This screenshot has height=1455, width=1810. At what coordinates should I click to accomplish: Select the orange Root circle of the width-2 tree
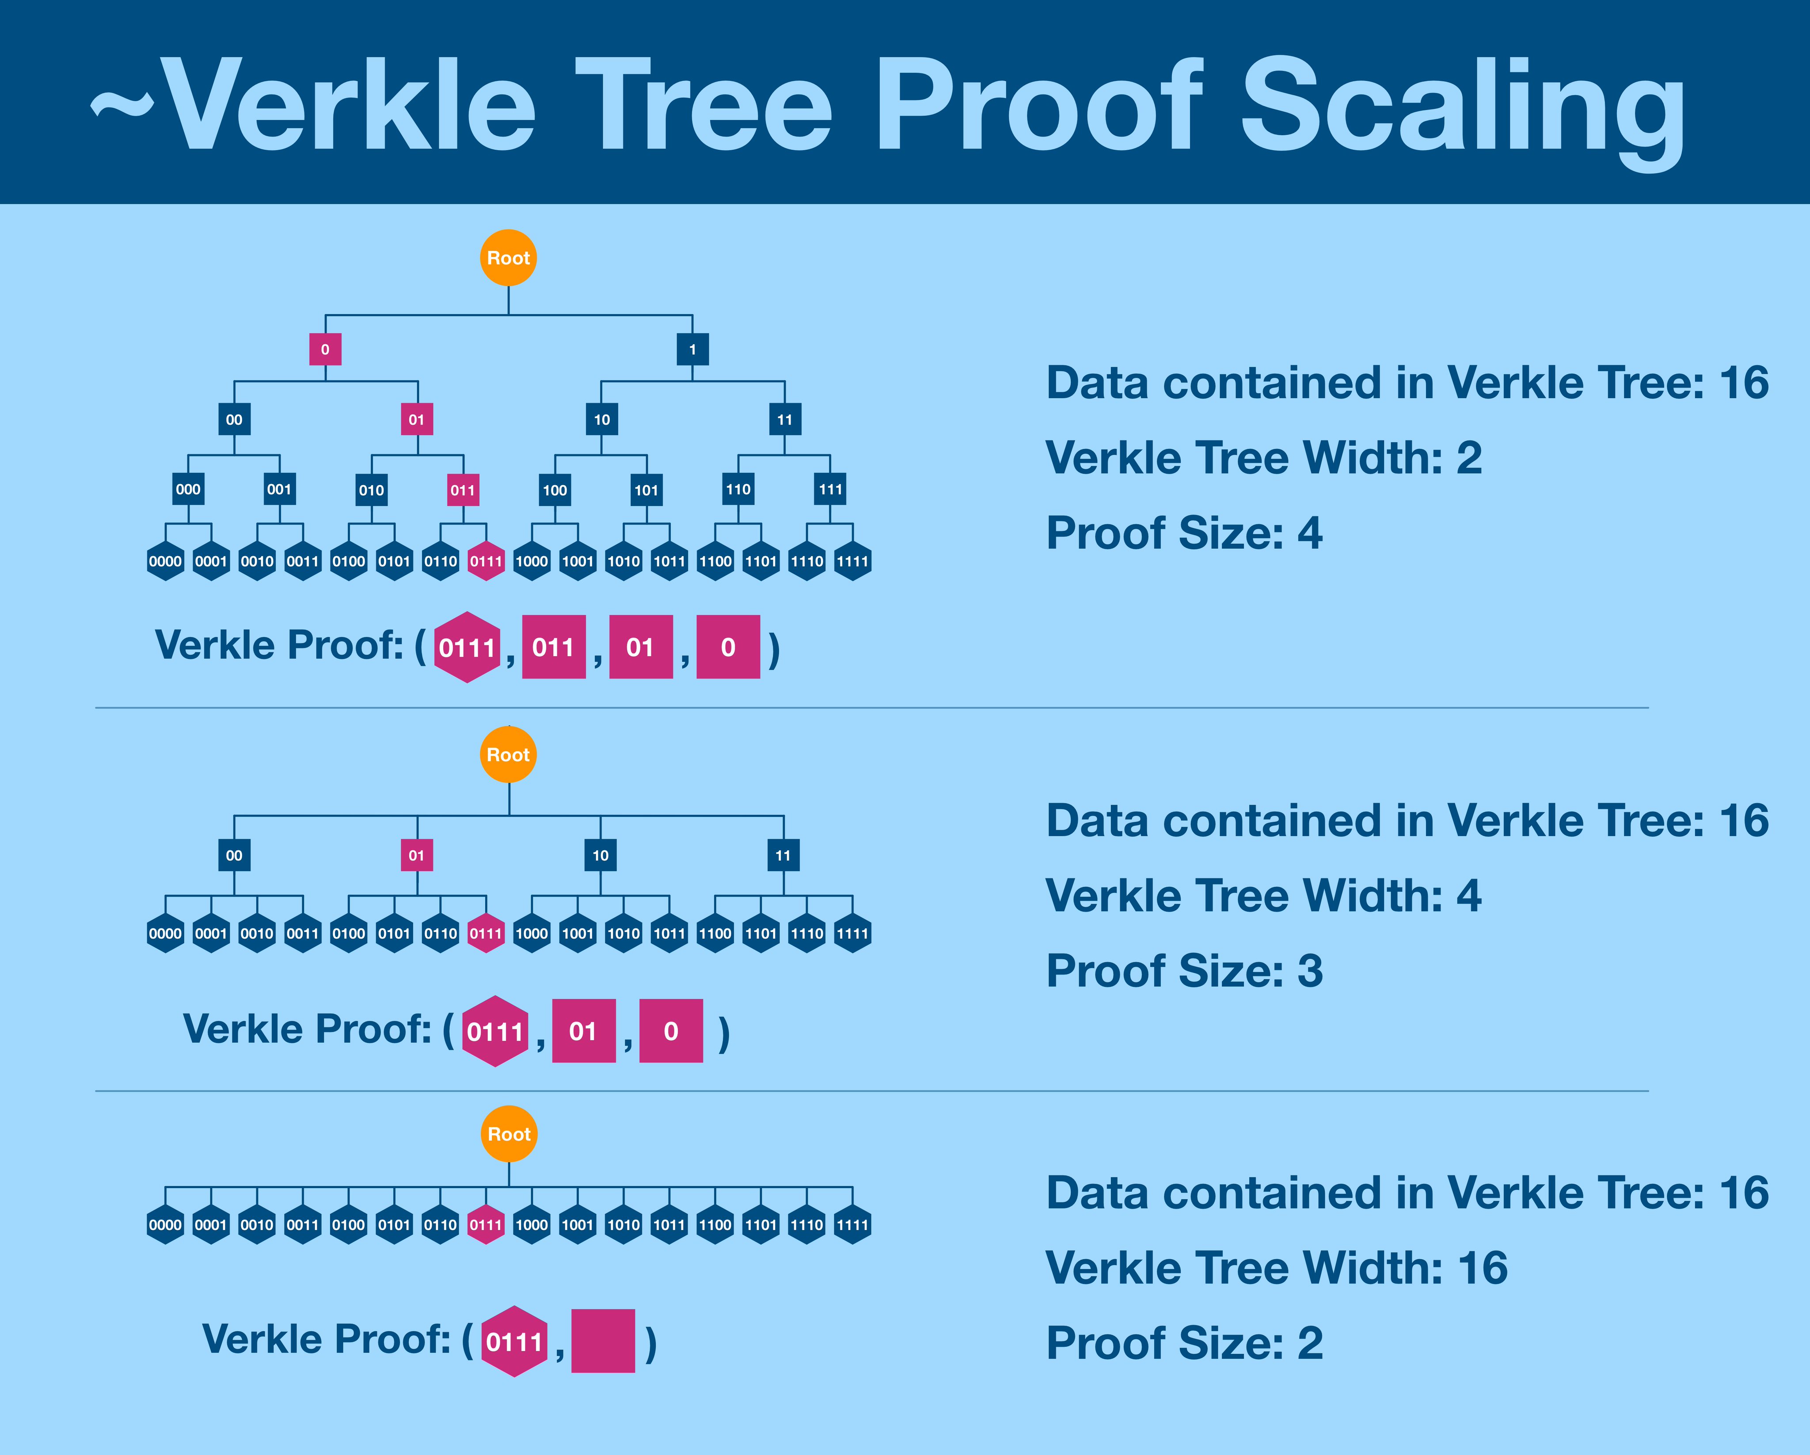coord(508,258)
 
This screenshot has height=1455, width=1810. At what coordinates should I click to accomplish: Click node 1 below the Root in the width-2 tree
coord(692,349)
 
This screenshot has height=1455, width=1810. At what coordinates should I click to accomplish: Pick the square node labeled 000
coord(188,490)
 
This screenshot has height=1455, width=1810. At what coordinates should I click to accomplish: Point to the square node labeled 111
coord(830,490)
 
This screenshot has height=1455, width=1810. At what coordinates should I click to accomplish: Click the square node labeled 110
coord(738,490)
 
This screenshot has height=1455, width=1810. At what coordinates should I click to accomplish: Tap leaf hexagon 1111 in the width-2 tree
coord(852,561)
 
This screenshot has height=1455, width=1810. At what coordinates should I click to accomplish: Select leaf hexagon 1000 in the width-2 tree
coord(532,561)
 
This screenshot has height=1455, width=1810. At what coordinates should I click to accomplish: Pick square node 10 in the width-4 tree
coord(600,855)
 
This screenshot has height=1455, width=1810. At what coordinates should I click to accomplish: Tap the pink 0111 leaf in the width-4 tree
coord(485,933)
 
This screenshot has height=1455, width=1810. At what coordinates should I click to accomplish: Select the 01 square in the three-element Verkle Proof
coord(583,1030)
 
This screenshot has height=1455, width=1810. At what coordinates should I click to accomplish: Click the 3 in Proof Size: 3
coord(1310,972)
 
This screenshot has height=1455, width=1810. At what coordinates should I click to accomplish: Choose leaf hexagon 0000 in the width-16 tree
coord(165,1225)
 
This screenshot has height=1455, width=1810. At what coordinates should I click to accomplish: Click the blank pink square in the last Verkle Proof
coord(603,1341)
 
